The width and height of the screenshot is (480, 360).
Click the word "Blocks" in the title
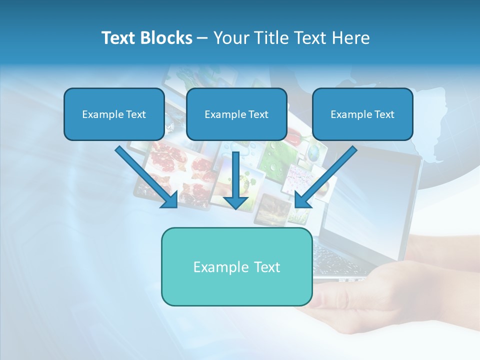[x=167, y=38]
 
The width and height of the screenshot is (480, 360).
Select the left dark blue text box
[x=114, y=114]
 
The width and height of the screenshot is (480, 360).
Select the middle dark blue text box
[x=236, y=114]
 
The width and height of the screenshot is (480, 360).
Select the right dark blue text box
[x=362, y=114]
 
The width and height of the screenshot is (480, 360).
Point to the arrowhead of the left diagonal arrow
[x=170, y=200]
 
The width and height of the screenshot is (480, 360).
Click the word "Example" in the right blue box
[x=350, y=114]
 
